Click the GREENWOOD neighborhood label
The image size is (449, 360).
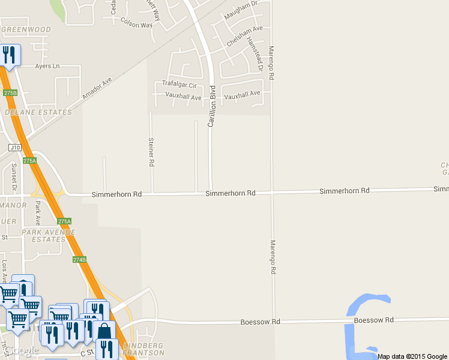pos(26,29)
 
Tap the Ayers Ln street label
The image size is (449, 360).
pos(48,66)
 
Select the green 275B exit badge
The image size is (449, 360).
pos(10,93)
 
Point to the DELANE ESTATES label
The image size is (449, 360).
pos(38,112)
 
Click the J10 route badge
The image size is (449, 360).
pos(15,147)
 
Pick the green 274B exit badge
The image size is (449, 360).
pos(79,260)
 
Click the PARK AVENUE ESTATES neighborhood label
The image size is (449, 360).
pos(43,235)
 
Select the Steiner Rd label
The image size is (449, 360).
pos(151,151)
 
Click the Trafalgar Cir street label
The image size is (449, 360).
pos(179,85)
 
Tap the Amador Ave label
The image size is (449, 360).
pos(97,88)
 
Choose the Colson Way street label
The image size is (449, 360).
pos(136,25)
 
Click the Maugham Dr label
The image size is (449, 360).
pos(240,10)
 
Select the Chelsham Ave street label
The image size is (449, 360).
pos(244,36)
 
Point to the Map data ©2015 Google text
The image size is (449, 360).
pos(412,356)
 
